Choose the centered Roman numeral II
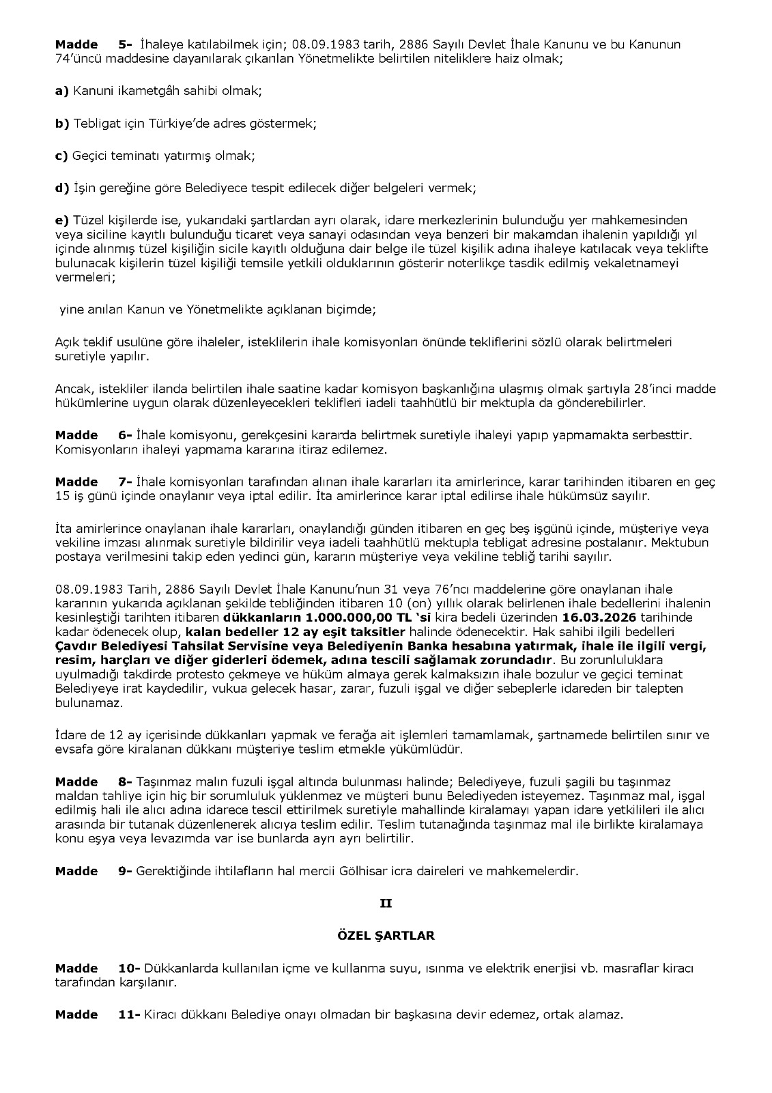coord(386,903)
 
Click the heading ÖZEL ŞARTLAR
coord(386,936)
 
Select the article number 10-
coord(129,968)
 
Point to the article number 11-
coord(129,1014)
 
